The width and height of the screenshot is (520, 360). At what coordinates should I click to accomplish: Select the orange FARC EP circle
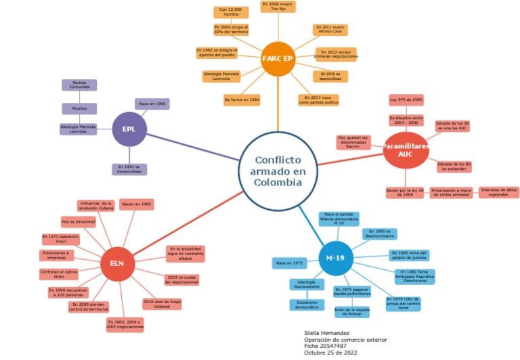point(278,59)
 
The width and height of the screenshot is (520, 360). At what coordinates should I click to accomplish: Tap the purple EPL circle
point(129,129)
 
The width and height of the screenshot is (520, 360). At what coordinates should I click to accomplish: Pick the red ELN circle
point(117,264)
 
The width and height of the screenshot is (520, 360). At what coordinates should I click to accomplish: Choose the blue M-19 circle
point(336,258)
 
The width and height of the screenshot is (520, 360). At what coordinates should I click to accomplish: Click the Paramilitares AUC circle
point(406,150)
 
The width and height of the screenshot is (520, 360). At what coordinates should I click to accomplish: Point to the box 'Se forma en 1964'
point(242,100)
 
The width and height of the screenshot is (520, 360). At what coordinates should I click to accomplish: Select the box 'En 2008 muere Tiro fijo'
point(278,7)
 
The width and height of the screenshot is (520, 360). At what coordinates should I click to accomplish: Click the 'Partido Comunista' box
point(79,85)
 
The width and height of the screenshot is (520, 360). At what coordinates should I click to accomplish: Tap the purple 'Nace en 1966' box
point(152,104)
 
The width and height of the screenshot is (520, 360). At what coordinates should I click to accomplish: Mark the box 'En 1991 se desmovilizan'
point(129,169)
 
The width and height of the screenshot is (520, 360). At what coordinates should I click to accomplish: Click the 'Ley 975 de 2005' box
point(406,100)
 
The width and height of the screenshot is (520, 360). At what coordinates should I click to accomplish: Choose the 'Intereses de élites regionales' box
point(498,192)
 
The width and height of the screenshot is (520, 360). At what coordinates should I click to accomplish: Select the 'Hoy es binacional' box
point(78,221)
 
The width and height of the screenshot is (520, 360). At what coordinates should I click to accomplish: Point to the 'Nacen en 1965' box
point(136,204)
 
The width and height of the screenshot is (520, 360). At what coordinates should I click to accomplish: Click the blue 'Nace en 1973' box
point(288,262)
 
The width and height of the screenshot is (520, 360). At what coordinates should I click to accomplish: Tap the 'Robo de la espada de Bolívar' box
point(352,312)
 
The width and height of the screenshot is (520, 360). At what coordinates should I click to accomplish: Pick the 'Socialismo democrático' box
point(307,305)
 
